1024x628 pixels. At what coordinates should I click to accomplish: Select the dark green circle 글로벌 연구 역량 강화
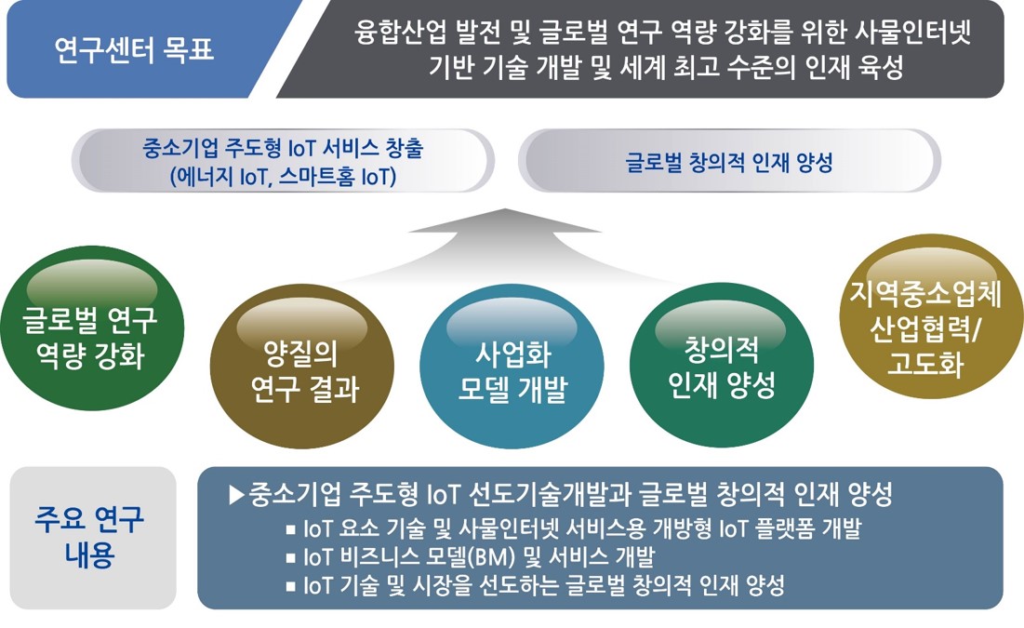[91, 328]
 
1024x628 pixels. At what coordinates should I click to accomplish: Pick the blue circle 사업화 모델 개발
[512, 366]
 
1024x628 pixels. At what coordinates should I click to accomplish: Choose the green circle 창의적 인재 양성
[722, 365]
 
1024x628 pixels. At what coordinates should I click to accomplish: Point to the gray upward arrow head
[504, 220]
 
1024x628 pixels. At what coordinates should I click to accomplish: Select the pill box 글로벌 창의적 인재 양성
[729, 161]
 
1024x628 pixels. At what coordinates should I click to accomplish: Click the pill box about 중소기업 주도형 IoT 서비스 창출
[283, 161]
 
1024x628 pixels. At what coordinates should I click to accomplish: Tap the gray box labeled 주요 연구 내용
[93, 537]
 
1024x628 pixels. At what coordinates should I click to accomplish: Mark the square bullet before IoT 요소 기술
[290, 529]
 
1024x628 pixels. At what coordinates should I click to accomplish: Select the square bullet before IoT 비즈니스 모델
[290, 558]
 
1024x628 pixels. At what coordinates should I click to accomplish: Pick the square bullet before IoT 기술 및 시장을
[290, 586]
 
